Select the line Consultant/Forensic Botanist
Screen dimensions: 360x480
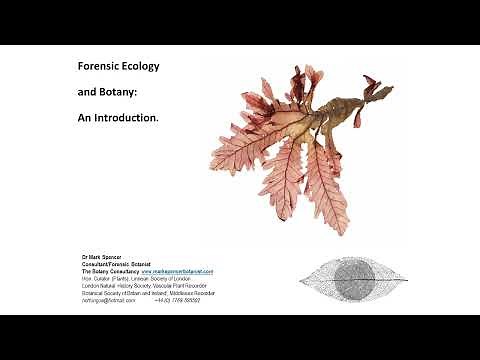click(115, 264)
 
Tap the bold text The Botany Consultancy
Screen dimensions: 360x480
click(110, 271)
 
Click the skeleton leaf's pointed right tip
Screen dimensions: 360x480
click(411, 286)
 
